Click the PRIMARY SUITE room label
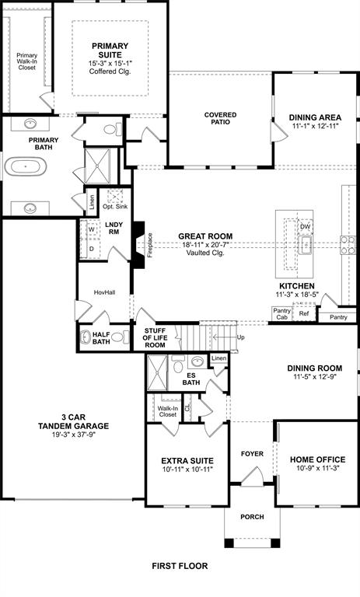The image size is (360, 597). (x=109, y=51)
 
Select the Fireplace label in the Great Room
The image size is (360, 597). (x=151, y=246)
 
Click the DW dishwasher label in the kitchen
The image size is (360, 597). (x=306, y=227)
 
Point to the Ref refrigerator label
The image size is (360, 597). (x=304, y=313)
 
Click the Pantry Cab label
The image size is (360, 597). (x=281, y=313)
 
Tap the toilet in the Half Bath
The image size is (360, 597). (x=119, y=337)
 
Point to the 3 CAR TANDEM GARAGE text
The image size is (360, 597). (x=75, y=426)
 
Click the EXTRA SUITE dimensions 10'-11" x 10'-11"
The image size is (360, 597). (x=187, y=470)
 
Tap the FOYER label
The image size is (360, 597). (x=252, y=453)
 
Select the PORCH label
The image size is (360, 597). (x=252, y=517)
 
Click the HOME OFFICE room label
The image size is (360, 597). (x=316, y=459)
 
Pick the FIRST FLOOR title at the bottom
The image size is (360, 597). (x=180, y=567)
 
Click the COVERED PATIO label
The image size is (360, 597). (x=221, y=119)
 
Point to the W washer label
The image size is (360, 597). (x=91, y=229)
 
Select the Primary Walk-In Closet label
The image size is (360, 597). (x=27, y=61)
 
